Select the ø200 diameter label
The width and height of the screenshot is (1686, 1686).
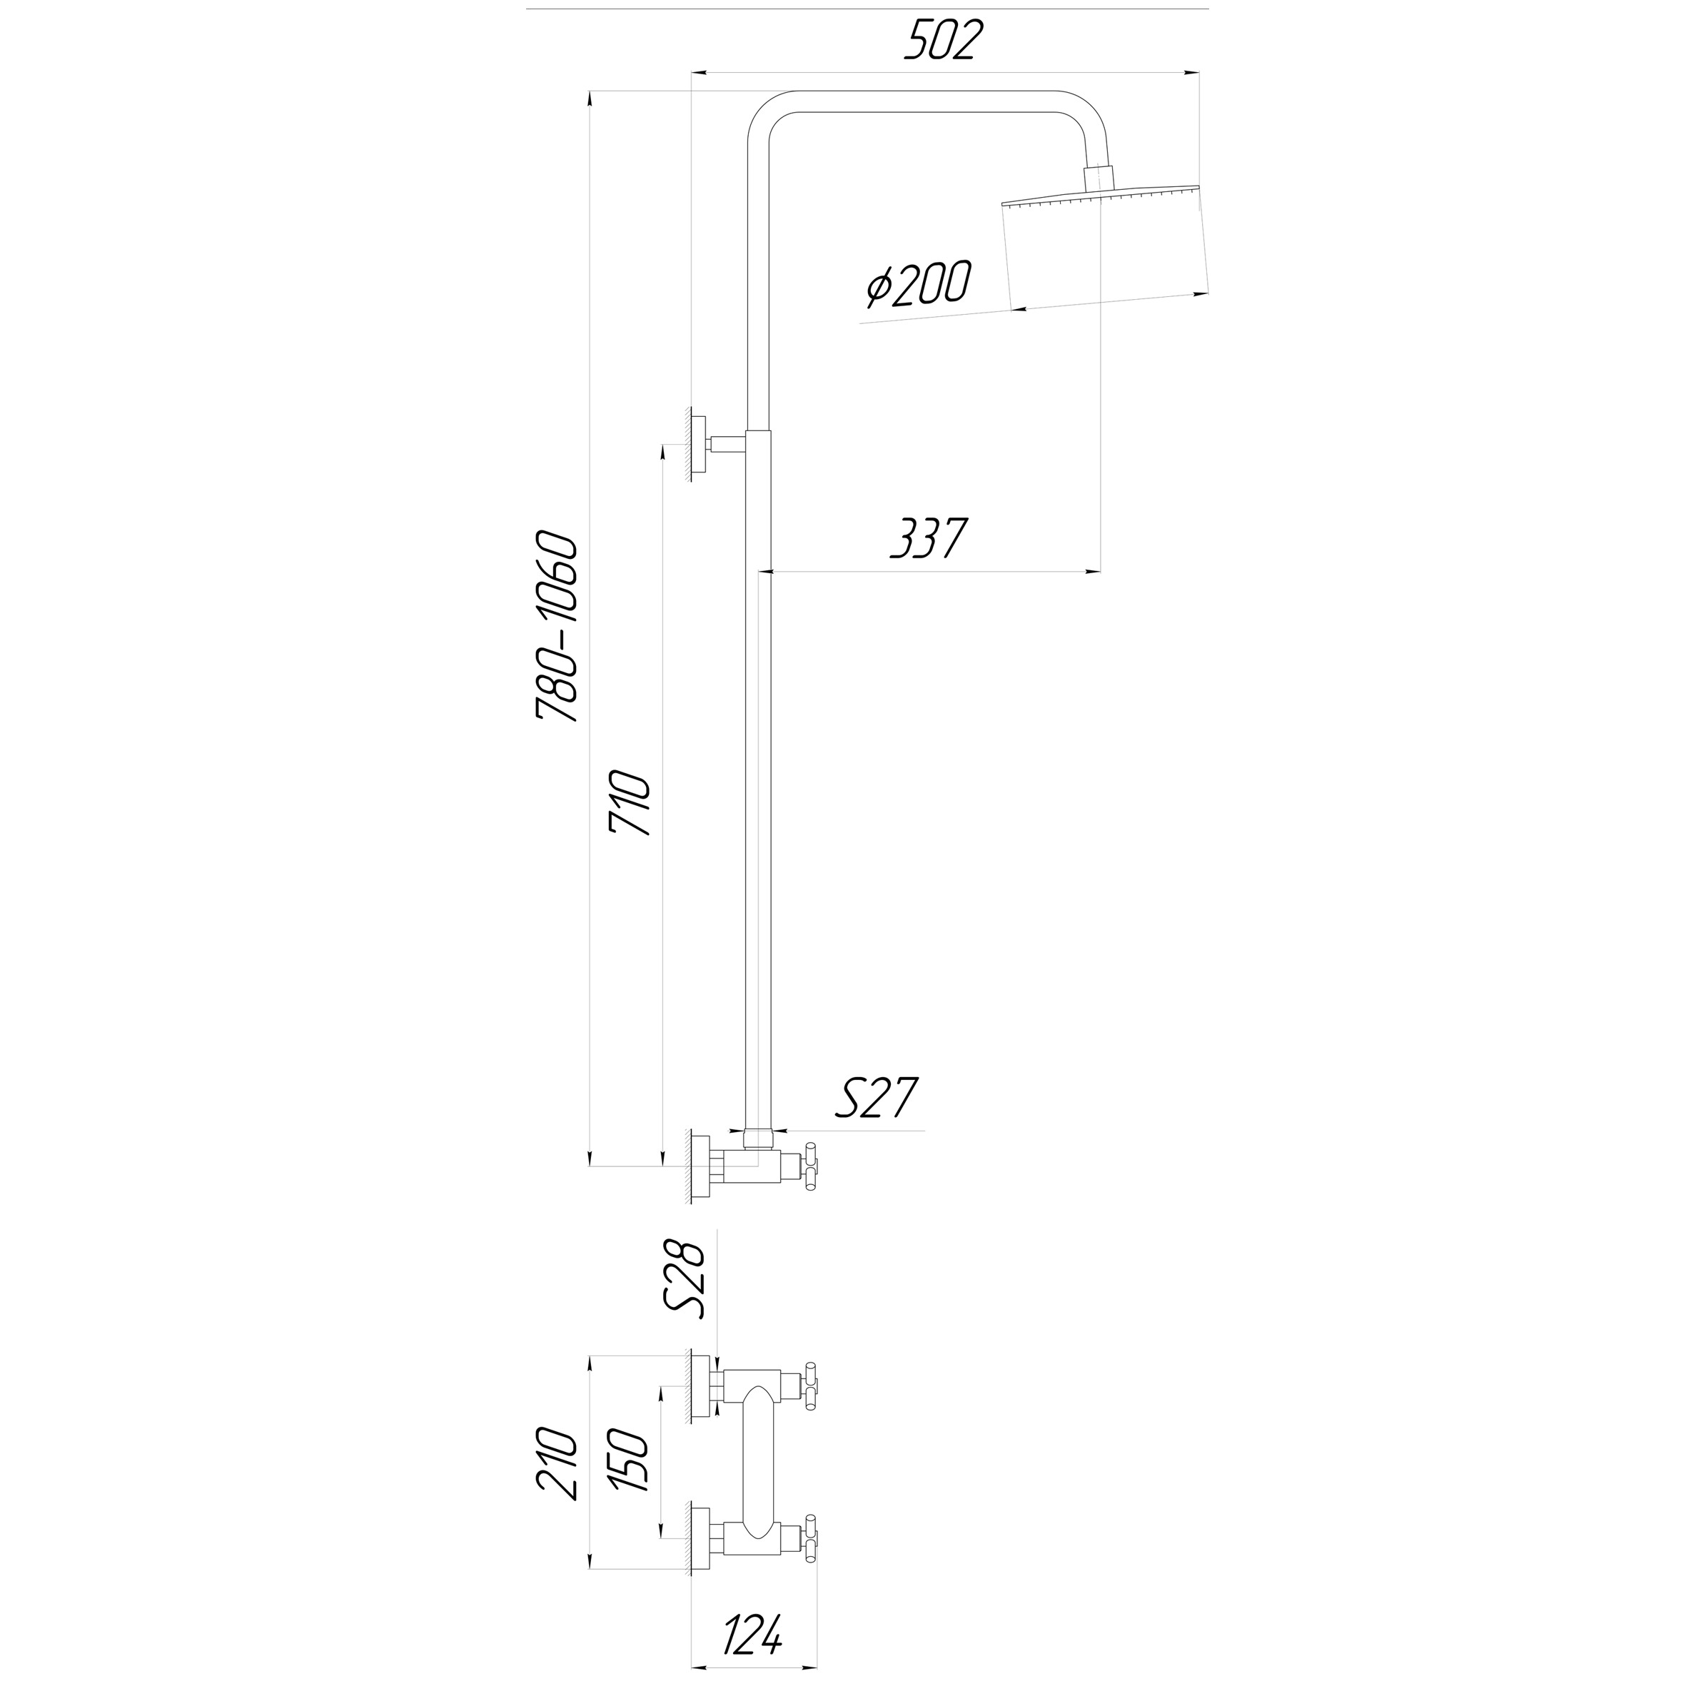coord(918,285)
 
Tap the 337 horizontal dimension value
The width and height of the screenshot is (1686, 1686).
coord(929,537)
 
